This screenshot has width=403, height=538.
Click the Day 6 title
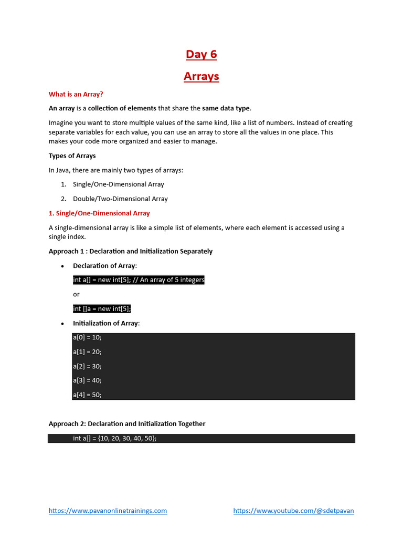[x=201, y=55]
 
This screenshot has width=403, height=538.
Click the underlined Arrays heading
[x=201, y=77]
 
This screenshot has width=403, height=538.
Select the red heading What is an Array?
[x=76, y=95]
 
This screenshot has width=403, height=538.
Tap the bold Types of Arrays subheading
[x=72, y=156]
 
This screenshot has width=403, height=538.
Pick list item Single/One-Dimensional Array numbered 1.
[x=118, y=184]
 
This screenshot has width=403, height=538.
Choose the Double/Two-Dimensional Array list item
[x=120, y=199]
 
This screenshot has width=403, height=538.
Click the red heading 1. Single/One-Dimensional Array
[x=99, y=213]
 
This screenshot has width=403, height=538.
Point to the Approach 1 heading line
[x=131, y=251]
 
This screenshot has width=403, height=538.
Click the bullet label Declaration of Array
[x=104, y=266]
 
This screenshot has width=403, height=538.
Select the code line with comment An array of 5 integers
[x=139, y=280]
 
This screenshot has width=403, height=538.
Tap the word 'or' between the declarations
[x=76, y=294]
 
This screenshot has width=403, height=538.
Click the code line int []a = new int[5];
[x=102, y=309]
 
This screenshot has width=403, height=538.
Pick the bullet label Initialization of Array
[x=106, y=323]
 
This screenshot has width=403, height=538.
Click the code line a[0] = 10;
[x=87, y=338]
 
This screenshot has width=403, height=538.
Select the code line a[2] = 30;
[x=87, y=366]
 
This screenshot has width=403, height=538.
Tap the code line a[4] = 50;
[x=87, y=395]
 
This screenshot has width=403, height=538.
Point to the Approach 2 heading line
[x=127, y=423]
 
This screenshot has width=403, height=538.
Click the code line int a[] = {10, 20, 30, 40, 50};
[x=115, y=438]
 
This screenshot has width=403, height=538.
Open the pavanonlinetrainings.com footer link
[x=108, y=511]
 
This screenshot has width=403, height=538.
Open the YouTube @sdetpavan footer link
[x=293, y=511]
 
